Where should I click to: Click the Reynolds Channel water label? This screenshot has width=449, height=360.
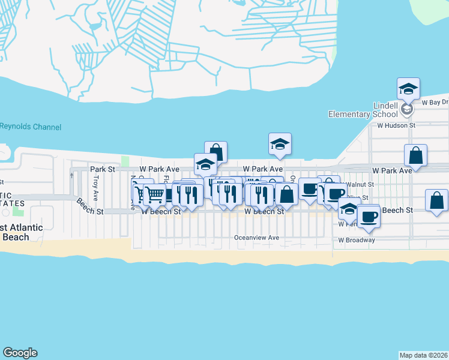(x=30, y=127)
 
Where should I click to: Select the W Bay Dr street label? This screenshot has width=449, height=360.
(x=435, y=103)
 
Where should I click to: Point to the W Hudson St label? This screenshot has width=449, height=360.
(x=396, y=125)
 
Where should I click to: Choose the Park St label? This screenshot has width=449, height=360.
(x=102, y=170)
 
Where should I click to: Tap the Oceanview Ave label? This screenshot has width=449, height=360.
(x=256, y=238)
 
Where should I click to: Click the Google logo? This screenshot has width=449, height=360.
(x=20, y=353)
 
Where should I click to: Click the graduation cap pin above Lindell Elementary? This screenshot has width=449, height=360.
(x=408, y=89)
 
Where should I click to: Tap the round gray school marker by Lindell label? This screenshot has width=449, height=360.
(x=406, y=109)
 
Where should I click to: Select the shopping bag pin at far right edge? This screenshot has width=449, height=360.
(x=437, y=200)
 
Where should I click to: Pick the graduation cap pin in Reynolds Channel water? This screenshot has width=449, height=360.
(x=280, y=144)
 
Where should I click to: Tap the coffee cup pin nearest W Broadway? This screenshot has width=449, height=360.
(x=368, y=216)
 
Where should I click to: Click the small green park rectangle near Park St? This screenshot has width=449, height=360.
(x=125, y=161)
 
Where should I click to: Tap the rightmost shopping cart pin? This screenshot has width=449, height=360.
(x=155, y=194)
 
